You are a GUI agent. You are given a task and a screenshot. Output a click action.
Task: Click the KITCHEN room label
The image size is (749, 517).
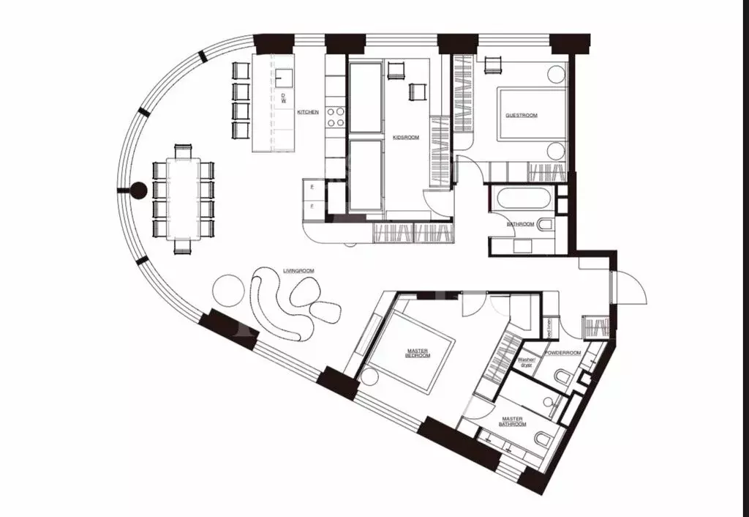point(308,112)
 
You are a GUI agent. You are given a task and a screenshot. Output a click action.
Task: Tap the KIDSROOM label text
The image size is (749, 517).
point(406,137)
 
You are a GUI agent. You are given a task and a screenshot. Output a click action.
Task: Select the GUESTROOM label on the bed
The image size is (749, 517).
point(522,116)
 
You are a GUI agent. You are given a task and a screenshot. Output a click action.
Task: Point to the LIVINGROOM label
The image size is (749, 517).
point(298,271)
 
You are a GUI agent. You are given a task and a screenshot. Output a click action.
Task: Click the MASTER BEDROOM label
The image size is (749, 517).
point(418,354)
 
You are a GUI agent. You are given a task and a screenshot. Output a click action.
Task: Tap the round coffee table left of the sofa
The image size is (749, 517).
point(227,290)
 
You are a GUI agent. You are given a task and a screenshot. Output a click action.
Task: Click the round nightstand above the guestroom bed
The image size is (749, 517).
point(557,74)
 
